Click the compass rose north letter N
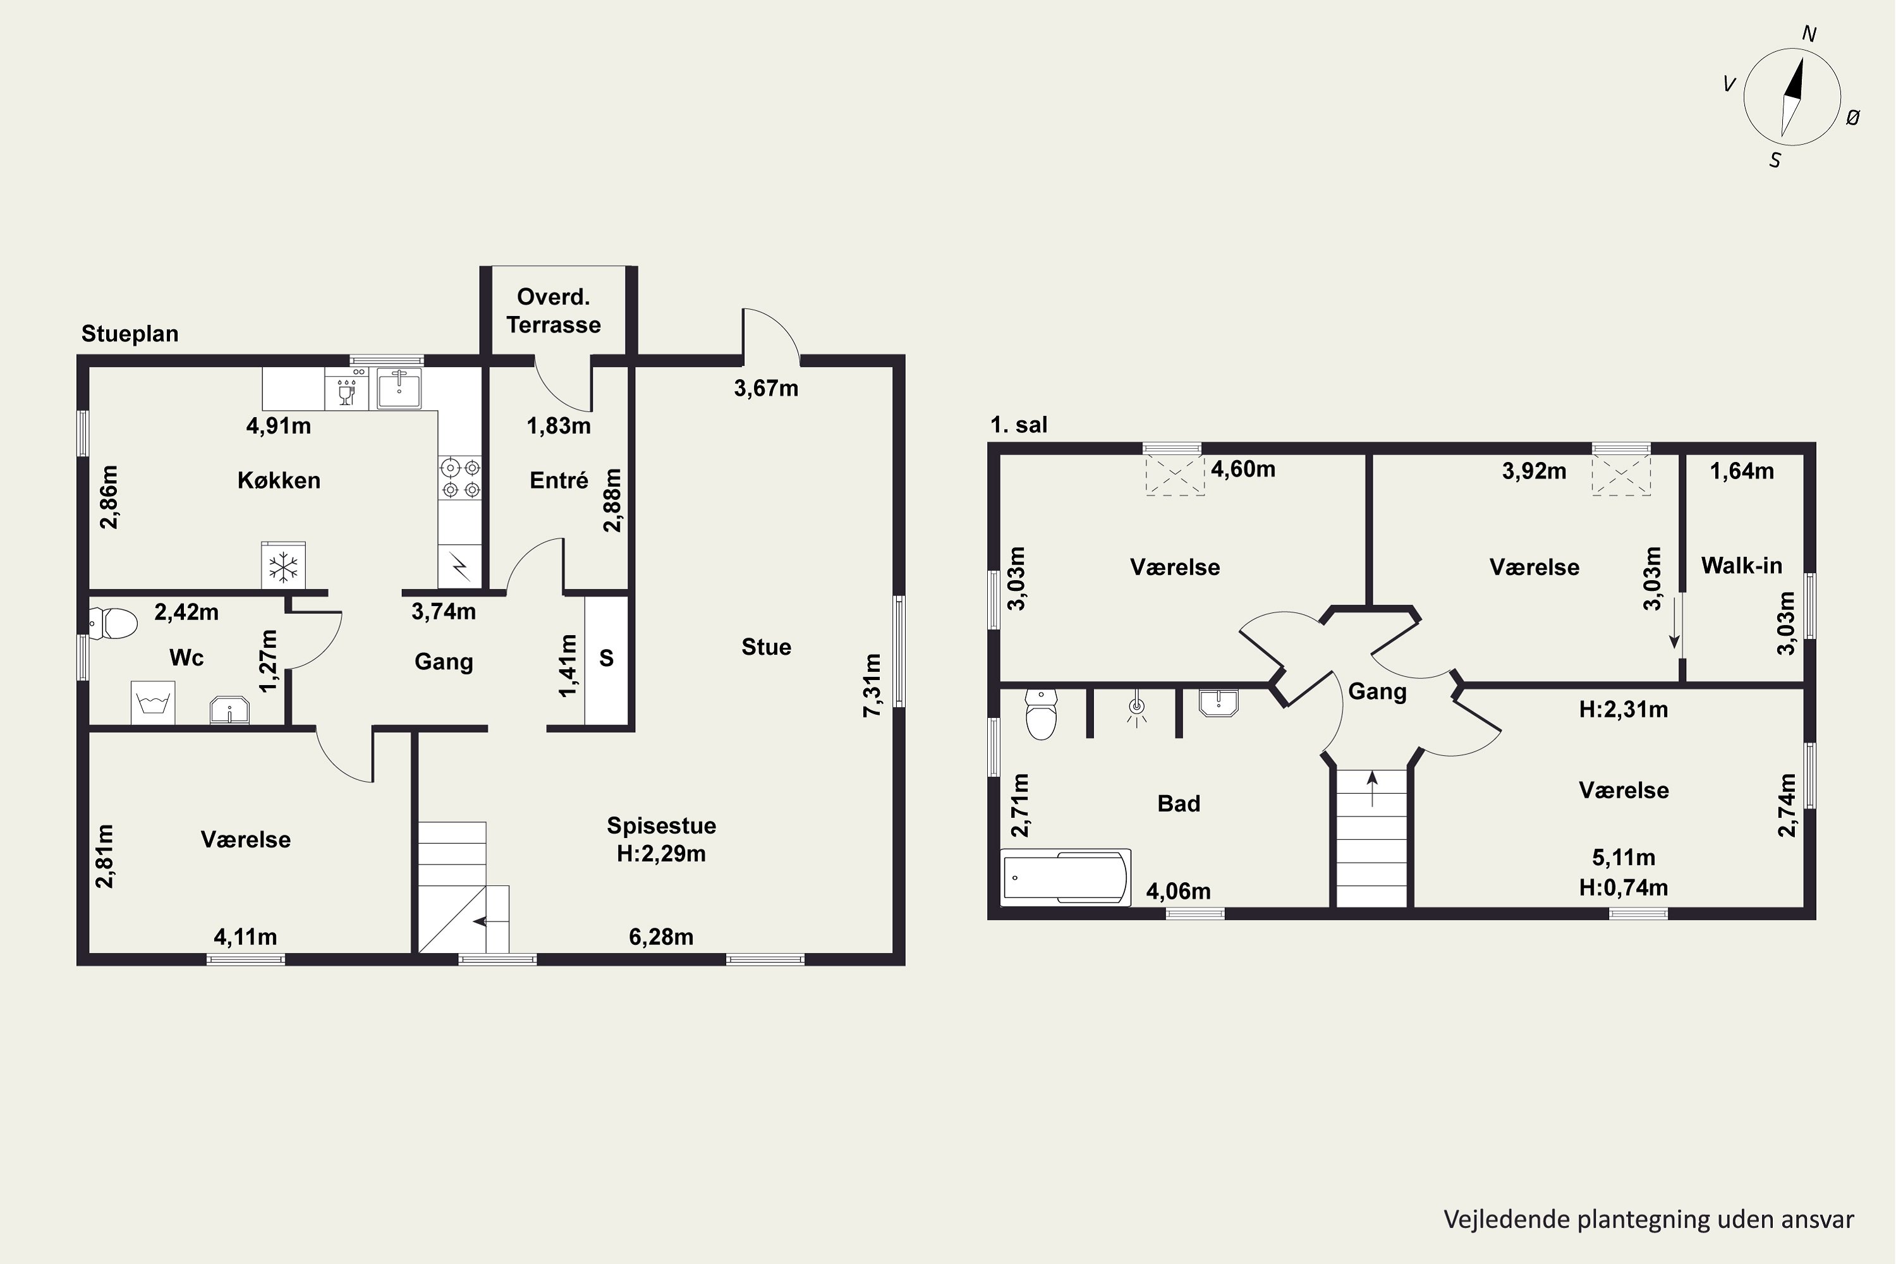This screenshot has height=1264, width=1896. coord(1809,34)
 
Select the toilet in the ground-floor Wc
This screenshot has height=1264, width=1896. coord(113,623)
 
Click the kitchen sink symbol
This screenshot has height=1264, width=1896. coord(399,389)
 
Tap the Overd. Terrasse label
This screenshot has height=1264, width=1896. coord(554,310)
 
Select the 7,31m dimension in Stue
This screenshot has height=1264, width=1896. coord(872,684)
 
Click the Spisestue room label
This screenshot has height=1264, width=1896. coord(661,825)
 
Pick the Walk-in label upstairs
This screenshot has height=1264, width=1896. coord(1741,566)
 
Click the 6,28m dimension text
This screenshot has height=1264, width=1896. coord(661,937)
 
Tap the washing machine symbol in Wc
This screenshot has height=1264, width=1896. coord(153,703)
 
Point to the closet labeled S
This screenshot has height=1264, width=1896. coord(606,659)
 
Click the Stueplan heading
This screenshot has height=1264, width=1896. coord(130,334)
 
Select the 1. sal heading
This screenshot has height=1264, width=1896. coord(1019,425)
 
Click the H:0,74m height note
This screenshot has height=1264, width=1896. coord(1624,887)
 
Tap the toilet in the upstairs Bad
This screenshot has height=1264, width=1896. coord(1042,714)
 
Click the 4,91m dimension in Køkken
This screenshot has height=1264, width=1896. coord(278,425)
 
